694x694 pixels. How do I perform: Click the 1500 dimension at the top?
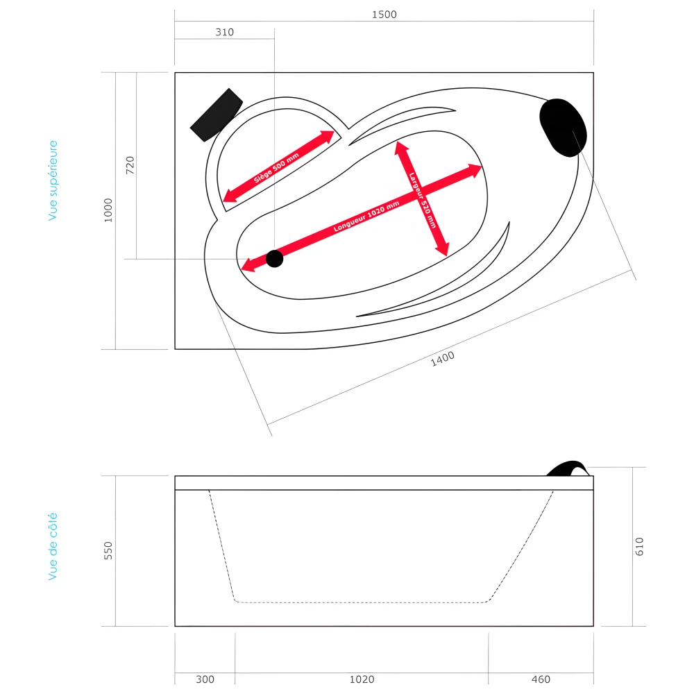tap(384, 15)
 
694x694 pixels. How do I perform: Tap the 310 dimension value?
tap(224, 32)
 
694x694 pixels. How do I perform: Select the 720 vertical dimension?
tap(130, 165)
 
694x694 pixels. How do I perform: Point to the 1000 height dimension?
tap(108, 210)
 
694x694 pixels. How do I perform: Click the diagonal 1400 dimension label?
tap(443, 357)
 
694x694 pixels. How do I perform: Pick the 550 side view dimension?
tap(108, 550)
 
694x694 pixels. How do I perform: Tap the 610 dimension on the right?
tap(639, 546)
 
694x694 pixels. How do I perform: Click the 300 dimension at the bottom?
tap(205, 679)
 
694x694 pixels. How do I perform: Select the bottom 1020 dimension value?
tap(362, 679)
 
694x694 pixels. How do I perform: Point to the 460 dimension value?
tap(541, 679)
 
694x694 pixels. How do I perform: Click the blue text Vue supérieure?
tap(53, 180)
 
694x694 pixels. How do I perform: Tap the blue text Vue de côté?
tap(53, 546)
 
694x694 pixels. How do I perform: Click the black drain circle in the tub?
tap(275, 259)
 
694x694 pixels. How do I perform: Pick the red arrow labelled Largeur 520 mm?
tap(421, 198)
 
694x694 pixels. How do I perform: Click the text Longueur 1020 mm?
tap(366, 217)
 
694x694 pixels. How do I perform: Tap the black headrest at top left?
tap(216, 114)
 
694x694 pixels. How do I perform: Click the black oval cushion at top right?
tap(563, 127)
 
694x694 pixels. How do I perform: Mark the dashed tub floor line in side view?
tap(361, 602)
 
